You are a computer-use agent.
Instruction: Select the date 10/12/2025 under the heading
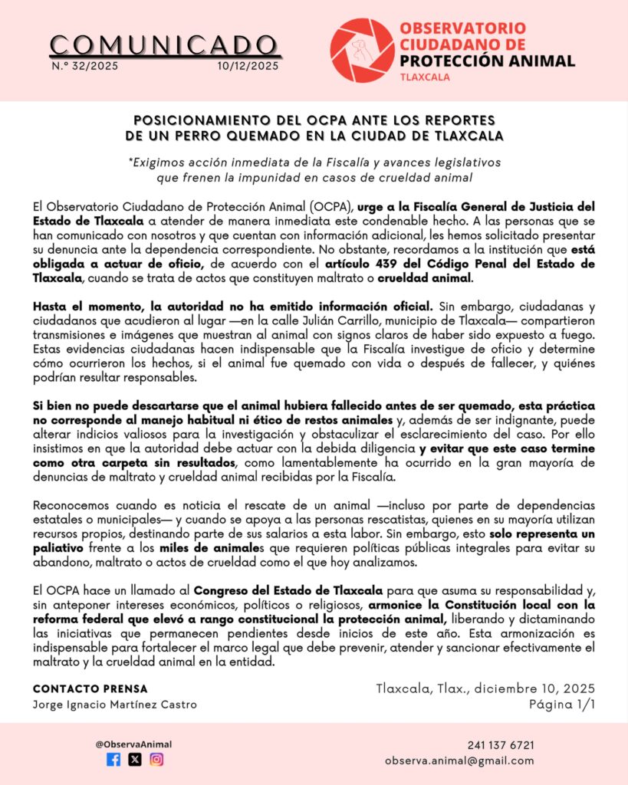click(249, 66)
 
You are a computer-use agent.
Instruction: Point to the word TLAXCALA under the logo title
click(424, 77)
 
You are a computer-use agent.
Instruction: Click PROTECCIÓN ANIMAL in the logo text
click(487, 61)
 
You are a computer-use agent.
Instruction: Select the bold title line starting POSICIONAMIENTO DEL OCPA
click(314, 120)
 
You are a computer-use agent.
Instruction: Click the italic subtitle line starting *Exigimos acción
click(314, 163)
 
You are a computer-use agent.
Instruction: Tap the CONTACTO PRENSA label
click(90, 688)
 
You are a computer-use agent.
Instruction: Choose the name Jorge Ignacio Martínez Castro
click(114, 705)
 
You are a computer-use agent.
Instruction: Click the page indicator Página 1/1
click(562, 704)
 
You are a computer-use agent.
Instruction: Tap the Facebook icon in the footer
click(113, 760)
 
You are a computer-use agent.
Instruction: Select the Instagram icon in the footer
click(156, 760)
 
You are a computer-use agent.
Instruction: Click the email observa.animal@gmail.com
click(459, 760)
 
